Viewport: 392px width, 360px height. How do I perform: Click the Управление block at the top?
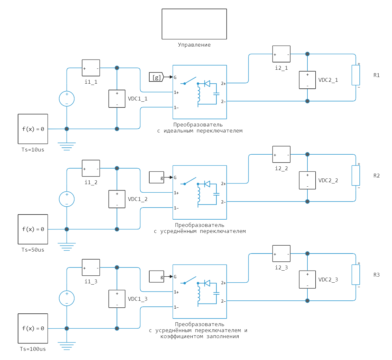click(194, 24)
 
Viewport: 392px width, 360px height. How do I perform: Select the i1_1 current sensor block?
click(91, 68)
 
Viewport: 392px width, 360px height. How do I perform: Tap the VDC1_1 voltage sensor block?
click(117, 99)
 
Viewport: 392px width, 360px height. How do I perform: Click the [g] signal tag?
click(156, 77)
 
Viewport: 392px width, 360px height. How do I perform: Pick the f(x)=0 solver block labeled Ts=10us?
click(33, 129)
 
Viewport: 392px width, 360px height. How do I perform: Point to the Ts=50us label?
click(33, 250)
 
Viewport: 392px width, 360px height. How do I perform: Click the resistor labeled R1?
click(356, 75)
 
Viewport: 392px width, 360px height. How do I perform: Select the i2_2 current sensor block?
click(281, 154)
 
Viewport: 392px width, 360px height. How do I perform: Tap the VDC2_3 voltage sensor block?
click(307, 280)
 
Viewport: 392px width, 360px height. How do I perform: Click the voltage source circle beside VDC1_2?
click(67, 199)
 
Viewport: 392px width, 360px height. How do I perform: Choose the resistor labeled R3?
click(356, 275)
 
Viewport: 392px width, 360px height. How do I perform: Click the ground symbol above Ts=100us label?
click(67, 345)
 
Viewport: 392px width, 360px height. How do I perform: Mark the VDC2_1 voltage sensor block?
click(307, 80)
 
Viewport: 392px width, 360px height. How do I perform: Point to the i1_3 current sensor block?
click(91, 267)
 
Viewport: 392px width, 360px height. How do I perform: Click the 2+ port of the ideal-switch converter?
click(223, 84)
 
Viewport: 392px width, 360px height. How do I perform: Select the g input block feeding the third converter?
click(157, 277)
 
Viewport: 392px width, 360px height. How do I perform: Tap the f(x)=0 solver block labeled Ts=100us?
click(33, 329)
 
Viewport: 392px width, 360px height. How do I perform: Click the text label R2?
click(376, 176)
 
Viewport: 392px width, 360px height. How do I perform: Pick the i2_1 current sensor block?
click(281, 54)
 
